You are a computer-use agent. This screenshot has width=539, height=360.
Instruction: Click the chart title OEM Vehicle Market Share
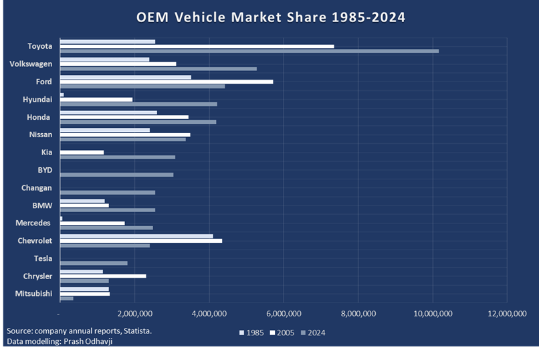[271, 17]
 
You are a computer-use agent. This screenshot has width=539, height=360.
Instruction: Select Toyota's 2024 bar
[249, 51]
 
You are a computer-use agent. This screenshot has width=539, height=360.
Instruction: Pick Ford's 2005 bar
[167, 82]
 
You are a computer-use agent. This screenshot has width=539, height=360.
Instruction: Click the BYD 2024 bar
[116, 175]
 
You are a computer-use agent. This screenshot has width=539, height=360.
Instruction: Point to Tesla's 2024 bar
[94, 263]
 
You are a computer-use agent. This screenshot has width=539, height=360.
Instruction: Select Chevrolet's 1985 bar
[136, 236]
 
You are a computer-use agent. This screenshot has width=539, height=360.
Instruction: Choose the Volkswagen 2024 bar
[158, 68]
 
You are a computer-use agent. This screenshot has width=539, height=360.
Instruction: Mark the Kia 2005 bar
[82, 153]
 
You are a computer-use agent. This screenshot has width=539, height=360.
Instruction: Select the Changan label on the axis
[37, 188]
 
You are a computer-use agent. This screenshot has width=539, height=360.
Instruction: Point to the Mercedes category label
[35, 223]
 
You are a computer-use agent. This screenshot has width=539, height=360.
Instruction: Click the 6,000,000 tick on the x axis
[284, 313]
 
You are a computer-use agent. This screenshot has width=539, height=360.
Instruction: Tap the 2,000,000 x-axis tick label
[134, 313]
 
